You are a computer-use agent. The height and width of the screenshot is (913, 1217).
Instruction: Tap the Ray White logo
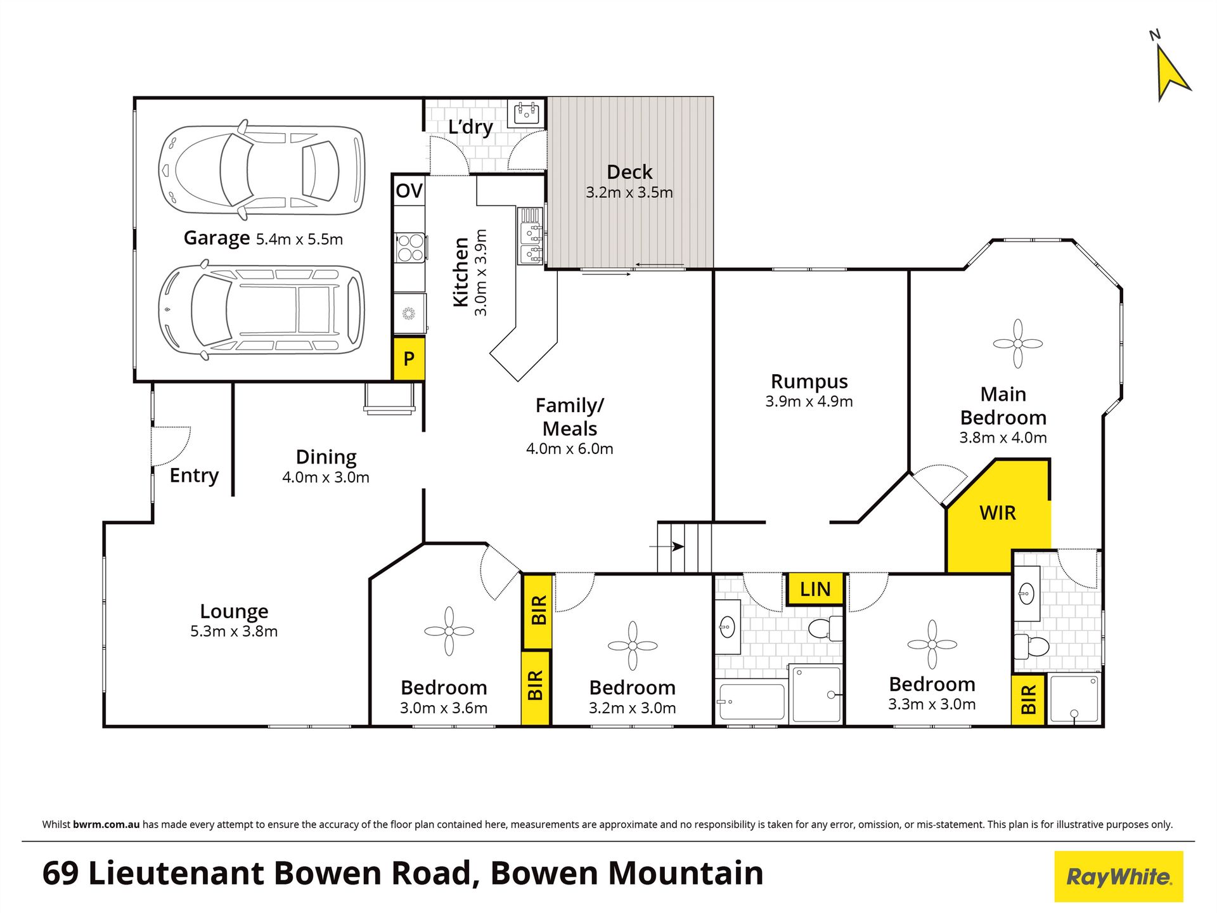coord(1119,877)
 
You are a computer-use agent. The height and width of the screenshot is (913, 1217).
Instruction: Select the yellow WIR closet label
coord(998,514)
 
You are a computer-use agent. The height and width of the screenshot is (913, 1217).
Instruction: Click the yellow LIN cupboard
coord(815,590)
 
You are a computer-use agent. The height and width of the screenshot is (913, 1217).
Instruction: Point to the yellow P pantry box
coord(409,359)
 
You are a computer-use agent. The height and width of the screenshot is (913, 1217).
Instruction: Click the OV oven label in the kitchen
coord(409,191)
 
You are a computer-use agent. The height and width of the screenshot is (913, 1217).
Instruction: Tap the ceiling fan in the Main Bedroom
coord(1017,344)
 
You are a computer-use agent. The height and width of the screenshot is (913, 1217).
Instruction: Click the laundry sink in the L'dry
coord(526,114)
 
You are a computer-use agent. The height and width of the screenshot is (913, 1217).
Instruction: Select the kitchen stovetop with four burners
coord(410,248)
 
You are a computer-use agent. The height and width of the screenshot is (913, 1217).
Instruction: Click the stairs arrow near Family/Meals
coord(667,546)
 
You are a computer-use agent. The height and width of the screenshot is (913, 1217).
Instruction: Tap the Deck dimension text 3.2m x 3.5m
coord(629,193)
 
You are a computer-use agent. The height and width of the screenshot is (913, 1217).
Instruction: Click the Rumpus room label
coord(809,382)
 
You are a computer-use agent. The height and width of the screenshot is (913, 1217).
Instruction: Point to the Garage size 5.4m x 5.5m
coord(299,240)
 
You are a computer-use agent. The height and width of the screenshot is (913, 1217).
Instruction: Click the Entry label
coord(194,476)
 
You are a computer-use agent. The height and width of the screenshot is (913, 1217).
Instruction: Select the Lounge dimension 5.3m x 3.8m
coord(234,631)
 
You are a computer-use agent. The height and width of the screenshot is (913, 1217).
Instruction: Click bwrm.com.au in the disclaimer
coord(106,825)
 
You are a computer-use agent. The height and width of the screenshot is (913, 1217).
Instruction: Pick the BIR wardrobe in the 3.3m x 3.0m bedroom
coord(1028,700)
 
